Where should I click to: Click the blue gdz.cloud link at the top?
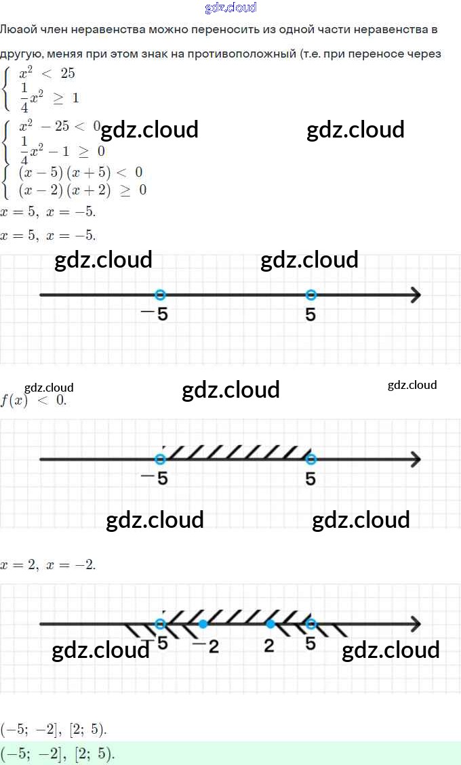click(230, 7)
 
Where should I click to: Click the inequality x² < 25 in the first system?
click(47, 73)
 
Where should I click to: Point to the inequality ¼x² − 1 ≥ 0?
click(62, 149)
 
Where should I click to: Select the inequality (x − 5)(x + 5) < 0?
click(80, 172)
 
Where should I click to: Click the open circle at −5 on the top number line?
click(160, 295)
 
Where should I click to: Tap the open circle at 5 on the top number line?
click(310, 295)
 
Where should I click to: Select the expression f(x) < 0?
click(33, 400)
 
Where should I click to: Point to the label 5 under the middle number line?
click(310, 478)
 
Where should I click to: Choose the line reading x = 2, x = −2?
click(48, 564)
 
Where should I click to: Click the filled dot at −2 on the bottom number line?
click(203, 623)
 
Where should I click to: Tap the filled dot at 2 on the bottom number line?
click(270, 623)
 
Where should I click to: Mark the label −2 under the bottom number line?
click(206, 646)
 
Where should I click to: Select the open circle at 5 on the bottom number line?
click(310, 623)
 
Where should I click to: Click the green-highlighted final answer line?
click(58, 753)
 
